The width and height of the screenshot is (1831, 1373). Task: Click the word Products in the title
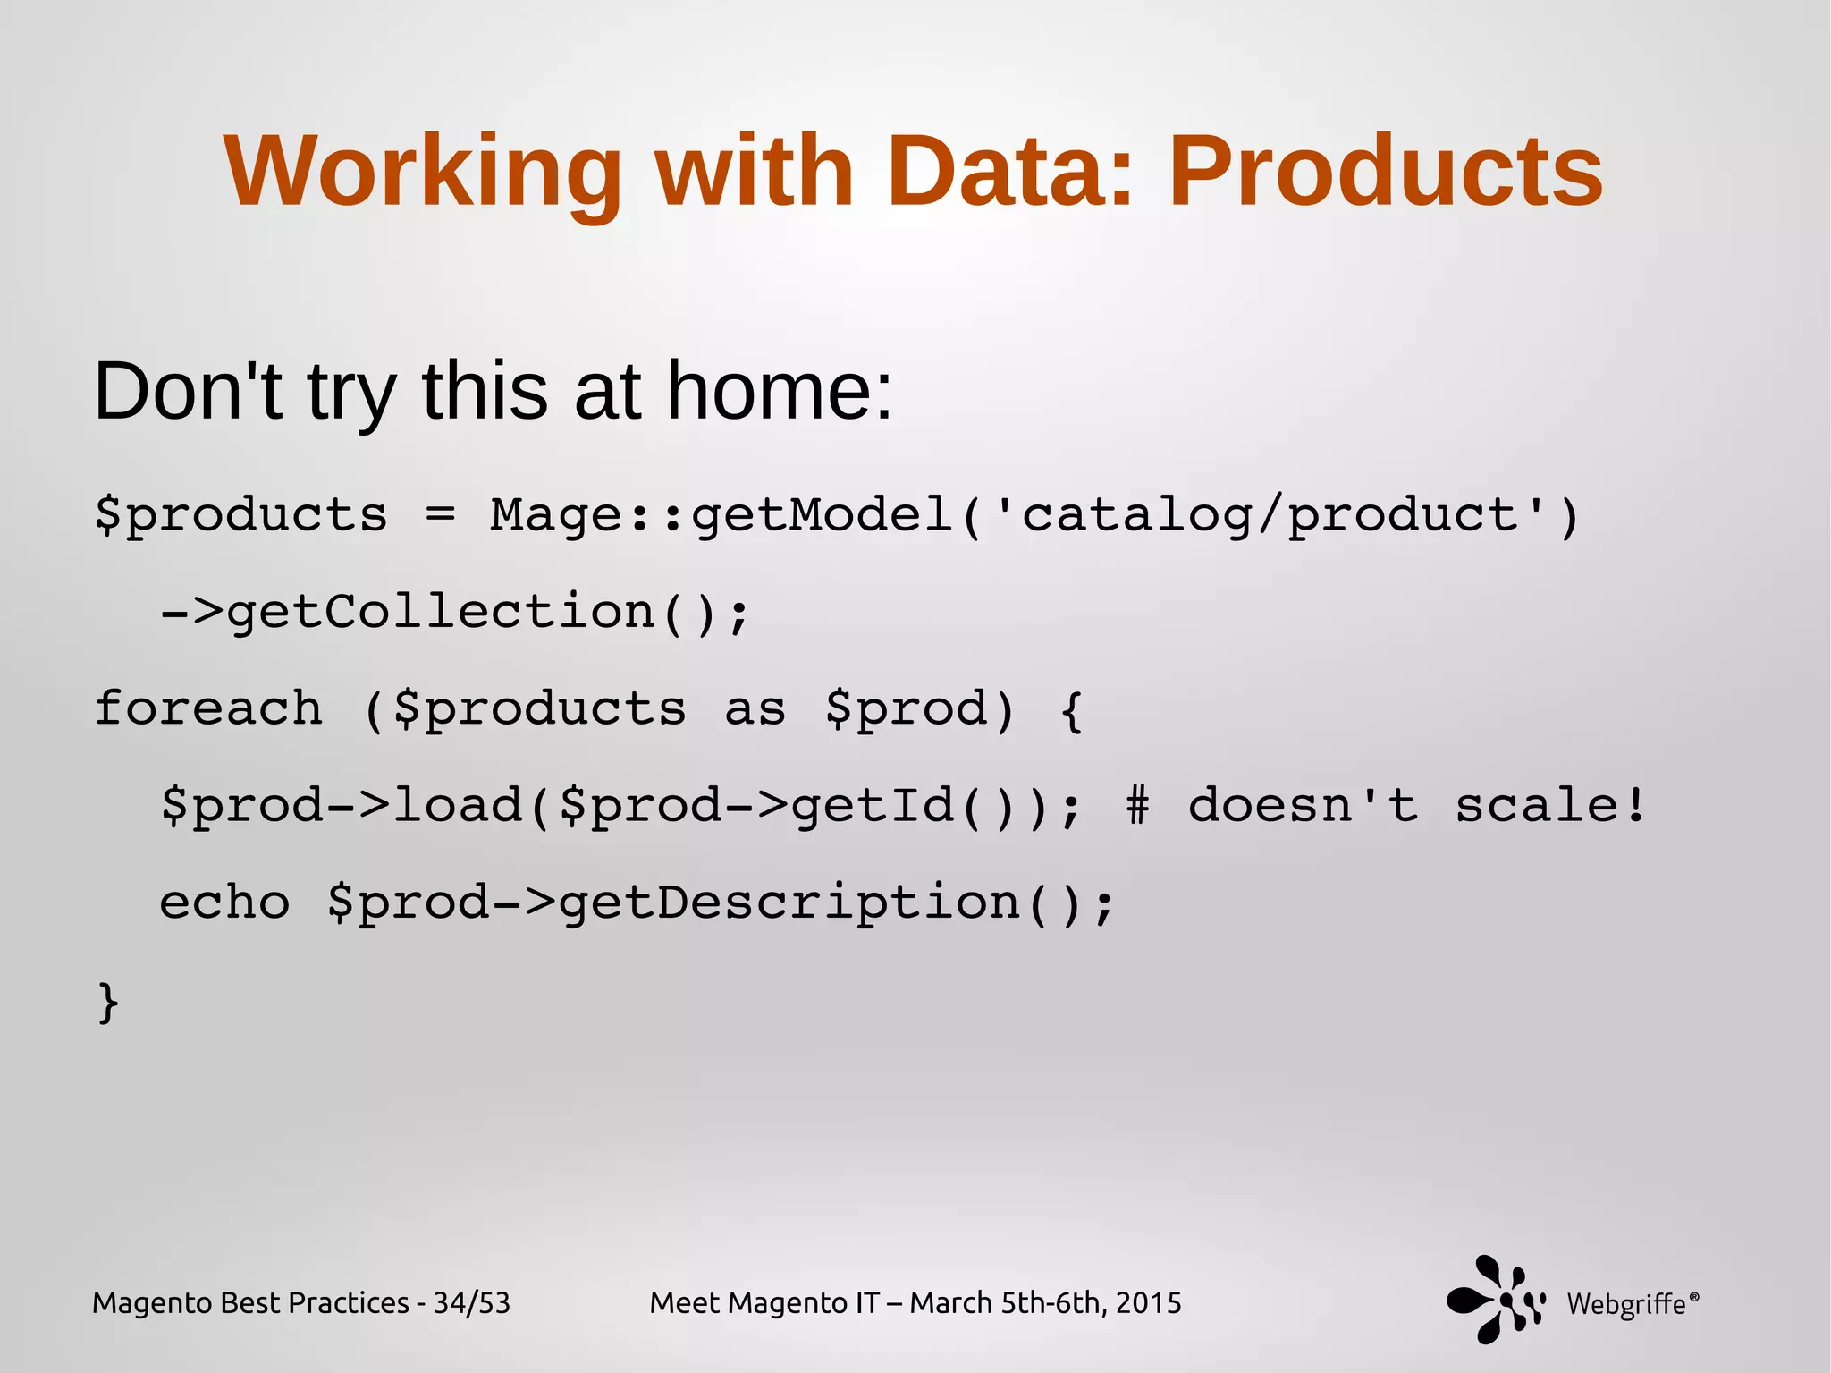coord(1385,171)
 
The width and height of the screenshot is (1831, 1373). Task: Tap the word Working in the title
coord(423,171)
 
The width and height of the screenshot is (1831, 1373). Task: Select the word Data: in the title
coord(1010,171)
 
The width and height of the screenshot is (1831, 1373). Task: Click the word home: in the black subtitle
coord(780,391)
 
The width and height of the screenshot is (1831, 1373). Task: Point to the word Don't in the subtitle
coord(188,391)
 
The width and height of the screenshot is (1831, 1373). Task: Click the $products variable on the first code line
coord(241,516)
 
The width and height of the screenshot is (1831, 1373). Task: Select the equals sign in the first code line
coord(440,514)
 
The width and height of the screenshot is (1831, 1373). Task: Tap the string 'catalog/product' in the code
coord(1270,516)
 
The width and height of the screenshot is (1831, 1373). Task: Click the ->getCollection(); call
coord(454,613)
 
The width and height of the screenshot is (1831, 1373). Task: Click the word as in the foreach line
coord(755,709)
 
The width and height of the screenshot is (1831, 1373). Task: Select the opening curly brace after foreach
coord(1072,710)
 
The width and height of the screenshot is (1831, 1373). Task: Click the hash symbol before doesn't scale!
coord(1137,805)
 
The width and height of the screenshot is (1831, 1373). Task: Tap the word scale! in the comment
coord(1549,805)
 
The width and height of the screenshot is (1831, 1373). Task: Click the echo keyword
coord(224,902)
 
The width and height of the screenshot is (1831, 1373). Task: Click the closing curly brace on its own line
coord(108,1001)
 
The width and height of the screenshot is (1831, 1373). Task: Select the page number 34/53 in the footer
coord(471,1302)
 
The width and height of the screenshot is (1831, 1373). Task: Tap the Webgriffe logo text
coord(1625,1304)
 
